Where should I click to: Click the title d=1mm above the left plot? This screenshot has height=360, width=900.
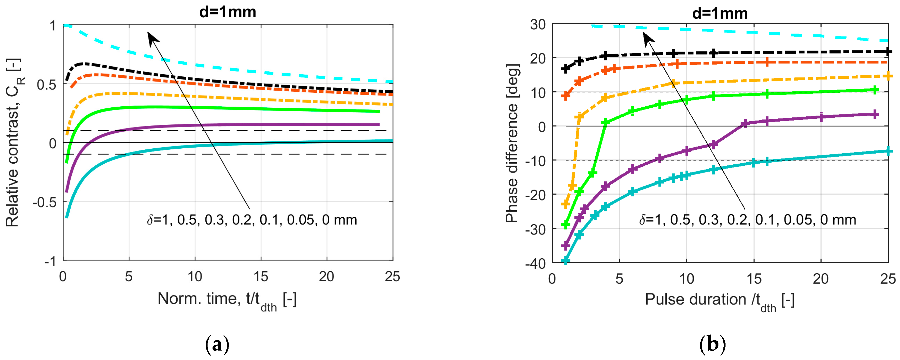click(227, 12)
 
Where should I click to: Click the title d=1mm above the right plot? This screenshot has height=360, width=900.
click(720, 14)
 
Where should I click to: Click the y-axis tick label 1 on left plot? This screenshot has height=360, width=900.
click(52, 26)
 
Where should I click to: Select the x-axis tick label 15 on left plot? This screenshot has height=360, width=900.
click(261, 277)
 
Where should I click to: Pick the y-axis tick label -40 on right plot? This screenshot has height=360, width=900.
click(535, 263)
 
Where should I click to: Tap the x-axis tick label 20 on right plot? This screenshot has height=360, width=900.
click(820, 279)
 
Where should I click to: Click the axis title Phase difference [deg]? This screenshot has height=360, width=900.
click(512, 143)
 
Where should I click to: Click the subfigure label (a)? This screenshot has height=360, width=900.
click(217, 345)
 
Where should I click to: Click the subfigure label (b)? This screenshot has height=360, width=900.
click(713, 345)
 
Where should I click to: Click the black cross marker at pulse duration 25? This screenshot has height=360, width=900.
click(888, 52)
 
